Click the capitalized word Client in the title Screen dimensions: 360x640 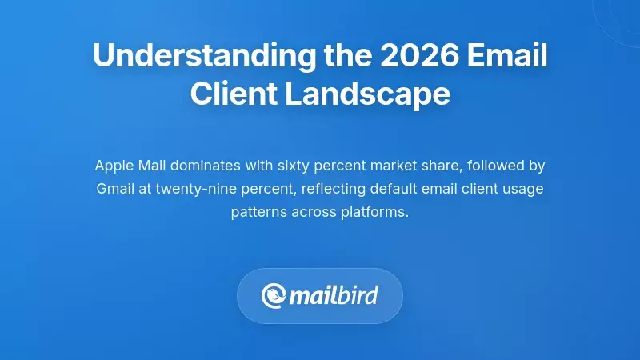tap(229, 94)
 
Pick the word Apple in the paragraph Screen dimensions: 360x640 tap(113, 166)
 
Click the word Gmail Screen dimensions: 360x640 tap(115, 190)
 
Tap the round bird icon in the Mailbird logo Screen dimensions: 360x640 tap(274, 296)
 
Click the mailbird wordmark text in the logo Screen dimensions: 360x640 tap(333, 296)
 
